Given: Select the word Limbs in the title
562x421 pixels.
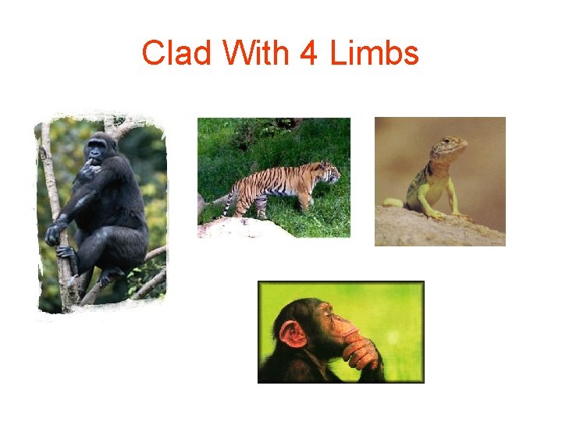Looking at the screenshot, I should pyautogui.click(x=375, y=54).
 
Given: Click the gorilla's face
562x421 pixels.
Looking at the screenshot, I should pyautogui.click(x=99, y=148).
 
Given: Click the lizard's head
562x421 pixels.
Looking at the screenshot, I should pyautogui.click(x=454, y=147).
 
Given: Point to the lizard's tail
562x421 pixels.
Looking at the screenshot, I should pyautogui.click(x=392, y=203).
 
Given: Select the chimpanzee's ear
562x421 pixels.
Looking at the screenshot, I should pyautogui.click(x=293, y=334).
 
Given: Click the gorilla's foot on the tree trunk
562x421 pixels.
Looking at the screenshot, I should pyautogui.click(x=67, y=253).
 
